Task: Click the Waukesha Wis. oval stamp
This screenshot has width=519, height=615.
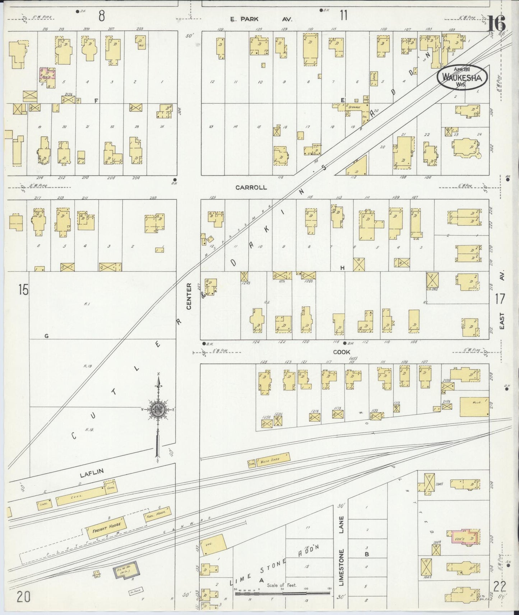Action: click(462, 76)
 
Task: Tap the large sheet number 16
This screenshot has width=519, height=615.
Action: click(496, 24)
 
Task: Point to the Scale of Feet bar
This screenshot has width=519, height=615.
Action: click(283, 594)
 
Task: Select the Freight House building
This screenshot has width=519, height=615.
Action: click(106, 526)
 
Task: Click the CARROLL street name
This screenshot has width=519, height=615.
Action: click(251, 187)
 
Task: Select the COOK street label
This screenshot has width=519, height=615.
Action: click(342, 352)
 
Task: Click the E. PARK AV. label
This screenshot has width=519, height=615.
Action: click(261, 19)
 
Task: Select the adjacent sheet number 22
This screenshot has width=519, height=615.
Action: click(500, 587)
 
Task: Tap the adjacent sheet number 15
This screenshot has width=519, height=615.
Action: click(23, 290)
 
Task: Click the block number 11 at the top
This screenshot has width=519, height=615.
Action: click(344, 16)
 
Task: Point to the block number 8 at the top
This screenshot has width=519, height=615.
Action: click(102, 16)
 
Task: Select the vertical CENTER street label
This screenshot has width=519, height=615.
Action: click(189, 300)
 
